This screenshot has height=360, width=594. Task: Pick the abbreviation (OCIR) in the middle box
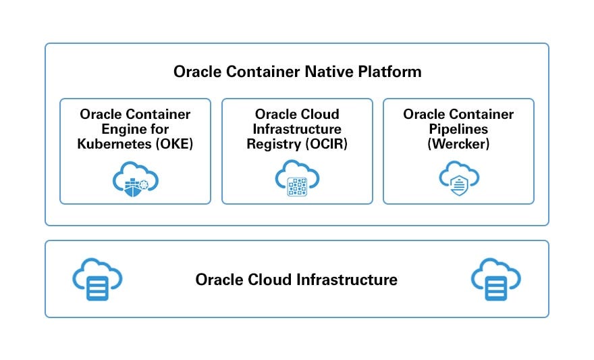325,143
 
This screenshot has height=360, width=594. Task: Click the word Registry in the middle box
273,143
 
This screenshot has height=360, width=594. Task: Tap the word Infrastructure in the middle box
297,129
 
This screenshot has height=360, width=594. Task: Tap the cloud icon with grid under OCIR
297,178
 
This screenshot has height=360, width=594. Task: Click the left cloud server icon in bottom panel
97,279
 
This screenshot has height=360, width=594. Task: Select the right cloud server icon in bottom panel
496,279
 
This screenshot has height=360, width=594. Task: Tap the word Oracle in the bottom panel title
217,280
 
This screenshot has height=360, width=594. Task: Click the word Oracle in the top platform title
195,72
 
